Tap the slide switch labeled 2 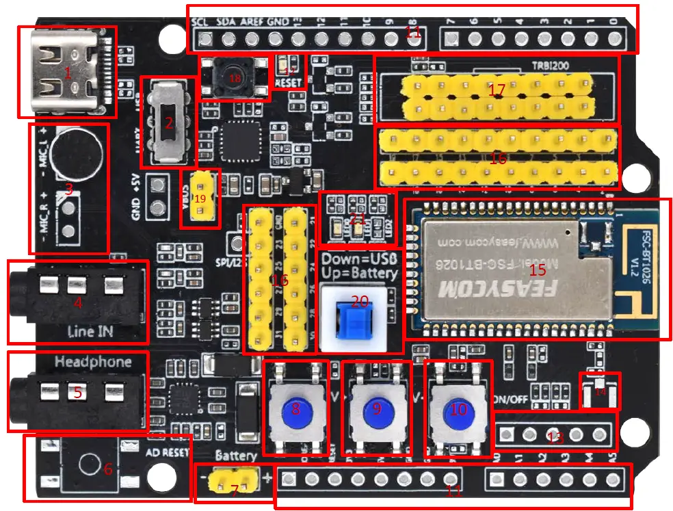click(x=168, y=123)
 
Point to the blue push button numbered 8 click(x=295, y=408)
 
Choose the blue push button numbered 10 click(x=458, y=408)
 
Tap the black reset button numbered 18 click(x=234, y=78)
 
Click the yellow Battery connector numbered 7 click(x=233, y=482)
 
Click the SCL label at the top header click(x=200, y=22)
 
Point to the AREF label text click(x=251, y=22)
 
